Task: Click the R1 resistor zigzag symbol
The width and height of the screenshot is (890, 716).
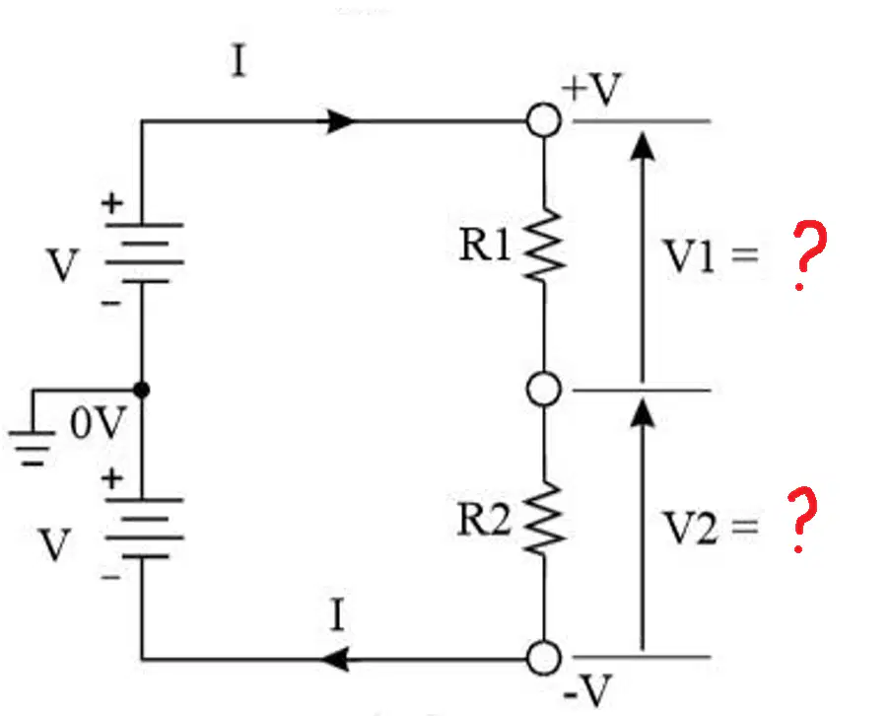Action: (544, 246)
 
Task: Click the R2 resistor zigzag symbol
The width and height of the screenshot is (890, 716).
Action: (544, 518)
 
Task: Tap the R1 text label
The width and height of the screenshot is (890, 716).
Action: (484, 246)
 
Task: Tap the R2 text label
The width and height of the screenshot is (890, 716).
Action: (483, 519)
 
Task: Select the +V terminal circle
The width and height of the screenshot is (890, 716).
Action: (544, 120)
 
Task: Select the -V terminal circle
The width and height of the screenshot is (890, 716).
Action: (544, 659)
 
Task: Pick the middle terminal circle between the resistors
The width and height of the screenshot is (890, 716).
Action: (544, 390)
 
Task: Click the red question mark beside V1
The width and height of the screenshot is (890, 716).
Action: (809, 255)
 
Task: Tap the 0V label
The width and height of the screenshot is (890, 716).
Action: (97, 423)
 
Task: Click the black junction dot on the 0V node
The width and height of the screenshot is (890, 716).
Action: (141, 391)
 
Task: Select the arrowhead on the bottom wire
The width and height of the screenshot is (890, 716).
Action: (335, 659)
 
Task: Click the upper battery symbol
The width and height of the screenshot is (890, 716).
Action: (143, 253)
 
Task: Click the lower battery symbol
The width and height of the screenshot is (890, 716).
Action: (143, 528)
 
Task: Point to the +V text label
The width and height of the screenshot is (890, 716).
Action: (592, 89)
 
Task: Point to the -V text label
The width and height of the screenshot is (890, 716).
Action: (588, 690)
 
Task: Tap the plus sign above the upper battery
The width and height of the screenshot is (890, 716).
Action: (111, 203)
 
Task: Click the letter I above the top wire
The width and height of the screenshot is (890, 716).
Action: (240, 61)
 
